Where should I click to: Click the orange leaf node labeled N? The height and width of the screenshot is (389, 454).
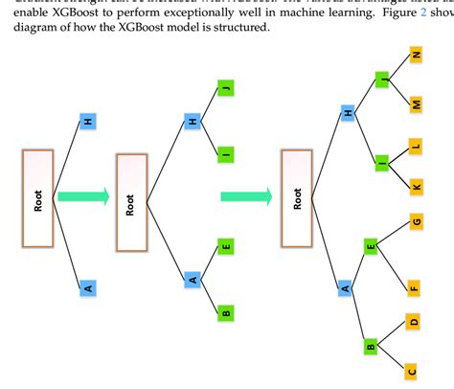pos(416,56)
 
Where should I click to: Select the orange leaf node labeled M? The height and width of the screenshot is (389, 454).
pos(416,103)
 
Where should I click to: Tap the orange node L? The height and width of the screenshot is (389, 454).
pos(416,146)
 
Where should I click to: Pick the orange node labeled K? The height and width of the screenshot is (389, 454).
pos(416,185)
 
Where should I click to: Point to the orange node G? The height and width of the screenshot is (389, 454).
pos(416,222)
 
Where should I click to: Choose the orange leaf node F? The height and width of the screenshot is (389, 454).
pos(415,285)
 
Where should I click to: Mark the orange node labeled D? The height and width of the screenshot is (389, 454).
pos(415,322)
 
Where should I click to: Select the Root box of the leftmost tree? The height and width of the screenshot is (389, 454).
pos(39,198)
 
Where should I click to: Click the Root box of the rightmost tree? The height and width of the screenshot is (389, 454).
pos(298,196)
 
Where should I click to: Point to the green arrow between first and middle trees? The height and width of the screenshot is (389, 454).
pos(83,196)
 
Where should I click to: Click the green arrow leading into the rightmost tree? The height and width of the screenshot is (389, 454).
pos(246,196)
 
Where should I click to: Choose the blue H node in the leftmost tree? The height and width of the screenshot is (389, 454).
pos(87,122)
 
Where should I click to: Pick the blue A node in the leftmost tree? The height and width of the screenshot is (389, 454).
pos(87,286)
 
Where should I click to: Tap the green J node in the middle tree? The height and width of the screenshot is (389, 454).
pos(226,89)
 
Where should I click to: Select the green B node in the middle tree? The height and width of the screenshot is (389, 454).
pos(226,311)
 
